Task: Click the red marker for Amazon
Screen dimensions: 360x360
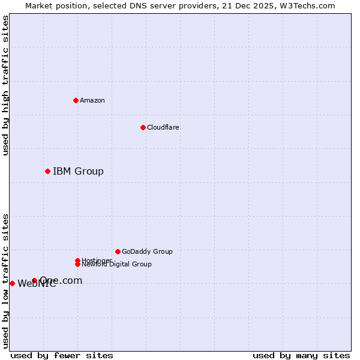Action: click(76, 100)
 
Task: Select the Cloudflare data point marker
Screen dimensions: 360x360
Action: click(143, 127)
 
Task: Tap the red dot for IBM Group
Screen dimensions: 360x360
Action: click(47, 172)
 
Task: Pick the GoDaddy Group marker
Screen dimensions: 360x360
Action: click(118, 251)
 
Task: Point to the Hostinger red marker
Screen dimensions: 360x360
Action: click(77, 260)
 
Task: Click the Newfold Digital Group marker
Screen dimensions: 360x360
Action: click(77, 264)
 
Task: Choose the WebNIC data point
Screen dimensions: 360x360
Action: click(12, 283)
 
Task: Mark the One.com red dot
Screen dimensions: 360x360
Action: click(34, 280)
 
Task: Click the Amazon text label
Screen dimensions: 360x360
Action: click(92, 100)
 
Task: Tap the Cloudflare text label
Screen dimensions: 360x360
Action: click(163, 127)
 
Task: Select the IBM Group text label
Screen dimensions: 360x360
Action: click(78, 172)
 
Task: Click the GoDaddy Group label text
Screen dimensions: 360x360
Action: click(147, 251)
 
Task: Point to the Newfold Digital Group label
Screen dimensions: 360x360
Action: click(117, 265)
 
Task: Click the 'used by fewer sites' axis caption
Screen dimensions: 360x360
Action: click(62, 355)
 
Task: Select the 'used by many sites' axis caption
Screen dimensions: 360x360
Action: click(301, 355)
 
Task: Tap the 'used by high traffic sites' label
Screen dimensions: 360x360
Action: click(5, 85)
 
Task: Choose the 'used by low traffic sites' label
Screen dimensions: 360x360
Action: click(5, 280)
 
